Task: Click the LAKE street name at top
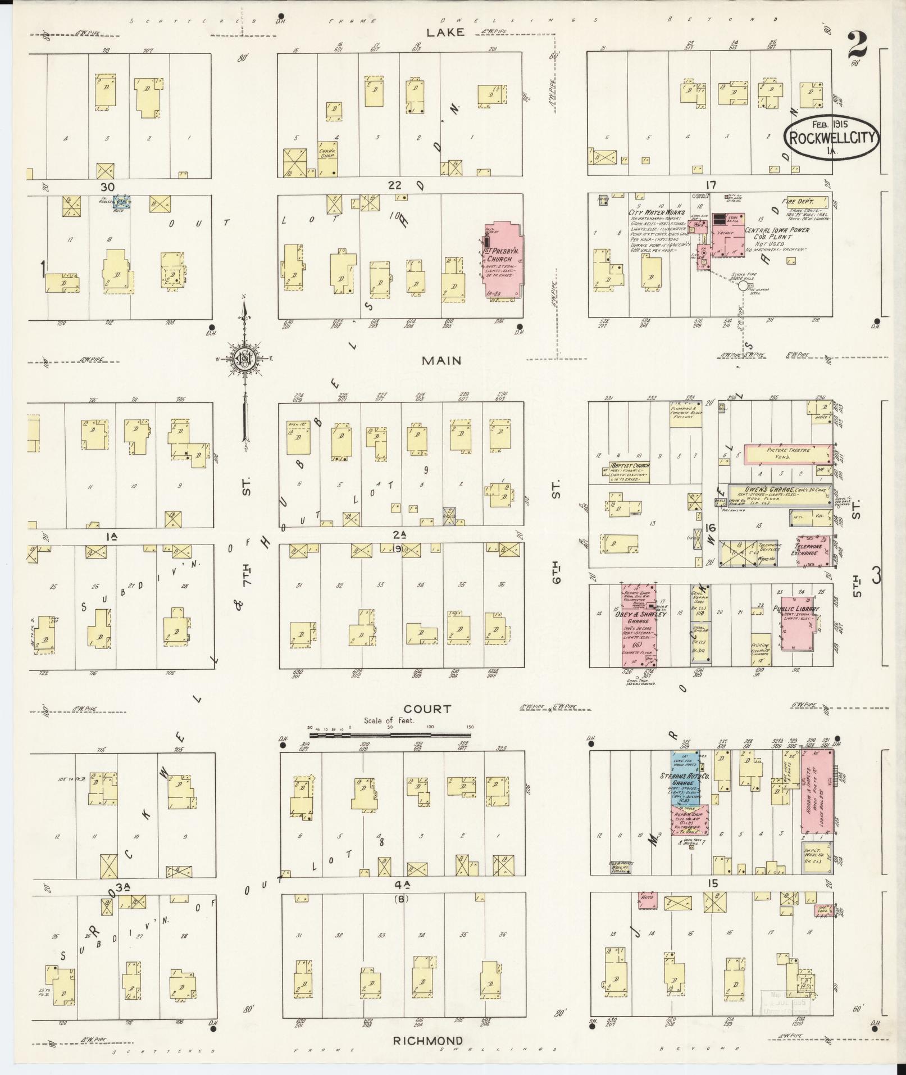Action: pos(445,32)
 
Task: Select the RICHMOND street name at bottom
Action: pos(428,1040)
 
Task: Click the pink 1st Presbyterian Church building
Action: pos(503,262)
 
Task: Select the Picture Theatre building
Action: pos(787,454)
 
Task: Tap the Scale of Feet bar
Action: pos(390,734)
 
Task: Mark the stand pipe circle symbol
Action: pos(743,285)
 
